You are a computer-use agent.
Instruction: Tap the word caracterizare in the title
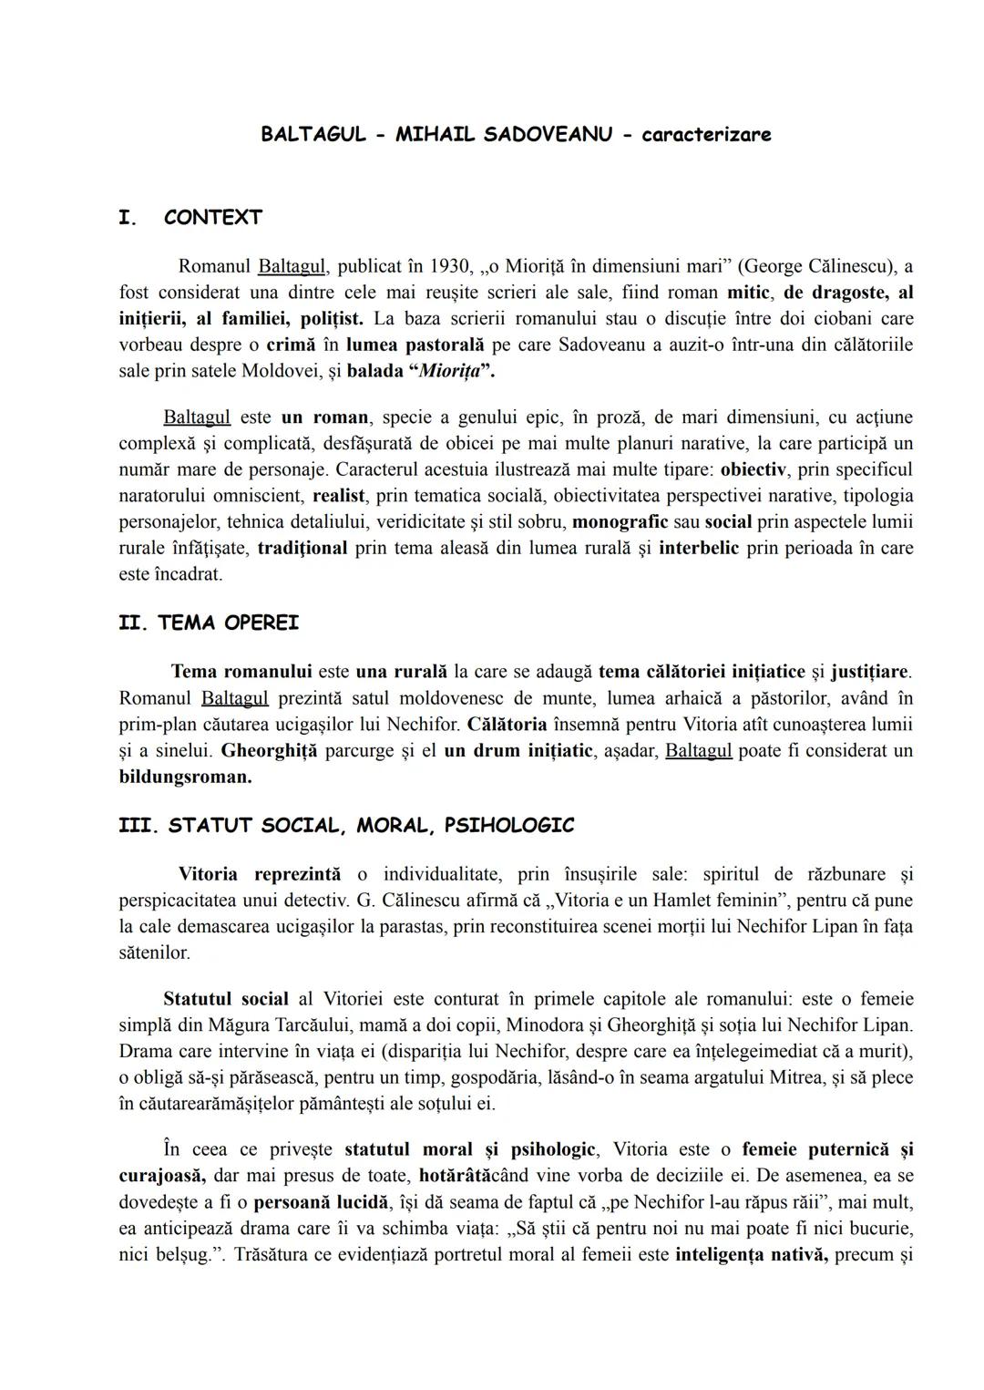[706, 135]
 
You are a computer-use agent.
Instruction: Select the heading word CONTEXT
[213, 218]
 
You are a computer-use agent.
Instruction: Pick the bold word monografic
[620, 522]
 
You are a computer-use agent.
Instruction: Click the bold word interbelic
[699, 549]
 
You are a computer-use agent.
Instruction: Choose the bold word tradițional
[302, 549]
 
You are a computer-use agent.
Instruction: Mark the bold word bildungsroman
[185, 777]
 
